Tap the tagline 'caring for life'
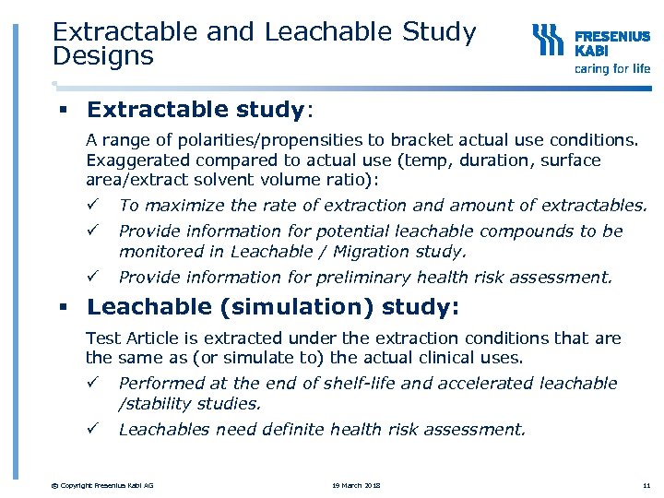coord(612,68)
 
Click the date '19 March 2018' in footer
coord(357,485)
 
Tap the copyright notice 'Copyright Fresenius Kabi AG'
coord(103,485)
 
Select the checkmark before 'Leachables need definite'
coord(91,429)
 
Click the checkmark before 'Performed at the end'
coord(91,383)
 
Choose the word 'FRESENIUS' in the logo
coord(612,37)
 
